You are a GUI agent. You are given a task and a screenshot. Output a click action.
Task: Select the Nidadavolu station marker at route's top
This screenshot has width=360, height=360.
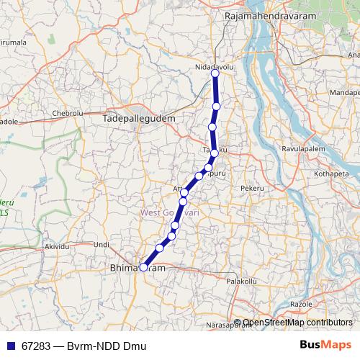(x=215, y=73)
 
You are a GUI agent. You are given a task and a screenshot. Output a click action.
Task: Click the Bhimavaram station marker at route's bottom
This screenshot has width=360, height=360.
(x=143, y=267)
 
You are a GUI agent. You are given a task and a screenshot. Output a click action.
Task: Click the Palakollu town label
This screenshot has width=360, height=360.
(x=242, y=281)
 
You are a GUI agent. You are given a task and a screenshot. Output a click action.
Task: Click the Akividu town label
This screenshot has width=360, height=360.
(x=59, y=246)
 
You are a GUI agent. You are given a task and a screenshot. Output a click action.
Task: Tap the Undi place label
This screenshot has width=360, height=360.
(x=102, y=245)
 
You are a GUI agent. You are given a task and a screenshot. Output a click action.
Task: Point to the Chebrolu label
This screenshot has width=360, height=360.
(x=68, y=114)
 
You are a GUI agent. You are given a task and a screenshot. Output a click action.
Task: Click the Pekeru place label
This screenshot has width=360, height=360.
(x=253, y=187)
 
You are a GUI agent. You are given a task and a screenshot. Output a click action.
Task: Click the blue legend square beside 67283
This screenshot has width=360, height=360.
(x=9, y=346)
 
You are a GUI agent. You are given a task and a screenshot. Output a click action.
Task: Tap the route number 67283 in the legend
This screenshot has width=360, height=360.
(x=36, y=346)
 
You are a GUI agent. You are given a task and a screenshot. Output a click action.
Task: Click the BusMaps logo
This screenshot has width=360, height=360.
(x=325, y=346)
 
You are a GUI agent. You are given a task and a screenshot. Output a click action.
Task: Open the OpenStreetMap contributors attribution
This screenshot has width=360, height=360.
(x=297, y=323)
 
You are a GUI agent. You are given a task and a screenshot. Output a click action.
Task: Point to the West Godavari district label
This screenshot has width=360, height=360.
(x=170, y=212)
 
